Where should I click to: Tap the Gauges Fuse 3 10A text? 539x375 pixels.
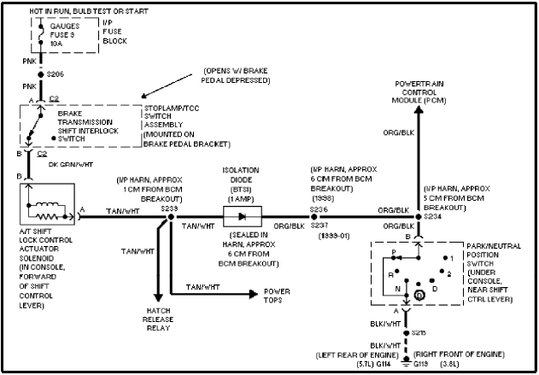[66, 35]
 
